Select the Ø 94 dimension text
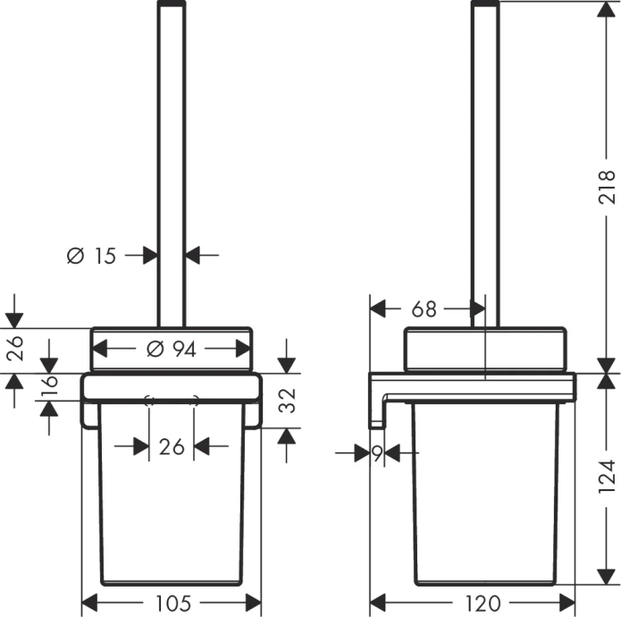coord(171,350)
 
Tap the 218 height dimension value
coord(607,187)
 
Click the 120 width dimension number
coord(483,603)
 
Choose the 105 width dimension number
coord(171,603)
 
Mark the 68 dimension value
coord(424,309)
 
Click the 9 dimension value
coord(377,454)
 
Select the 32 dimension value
coord(286,401)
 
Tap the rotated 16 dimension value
coord(50,386)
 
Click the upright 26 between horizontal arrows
coord(171,446)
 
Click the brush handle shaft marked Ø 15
coord(171,161)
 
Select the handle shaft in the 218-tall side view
coord(485,161)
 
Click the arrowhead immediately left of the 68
coord(379,309)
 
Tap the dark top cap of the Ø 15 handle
coord(171,4)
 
